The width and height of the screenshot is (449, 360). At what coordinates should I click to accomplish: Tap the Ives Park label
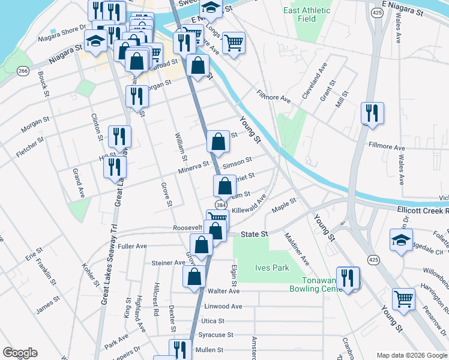[x=272, y=268]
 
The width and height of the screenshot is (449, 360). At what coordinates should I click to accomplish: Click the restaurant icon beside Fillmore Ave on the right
[x=372, y=113]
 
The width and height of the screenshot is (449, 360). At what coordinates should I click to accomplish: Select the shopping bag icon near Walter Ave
[x=194, y=278]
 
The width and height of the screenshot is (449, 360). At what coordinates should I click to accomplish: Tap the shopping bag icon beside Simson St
[x=218, y=142]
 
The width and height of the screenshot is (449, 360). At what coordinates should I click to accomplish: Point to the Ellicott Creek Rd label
[x=423, y=210]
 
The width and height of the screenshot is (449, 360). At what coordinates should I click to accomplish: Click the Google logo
[x=20, y=353]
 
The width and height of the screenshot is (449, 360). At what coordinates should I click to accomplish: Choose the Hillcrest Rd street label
[x=155, y=300]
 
